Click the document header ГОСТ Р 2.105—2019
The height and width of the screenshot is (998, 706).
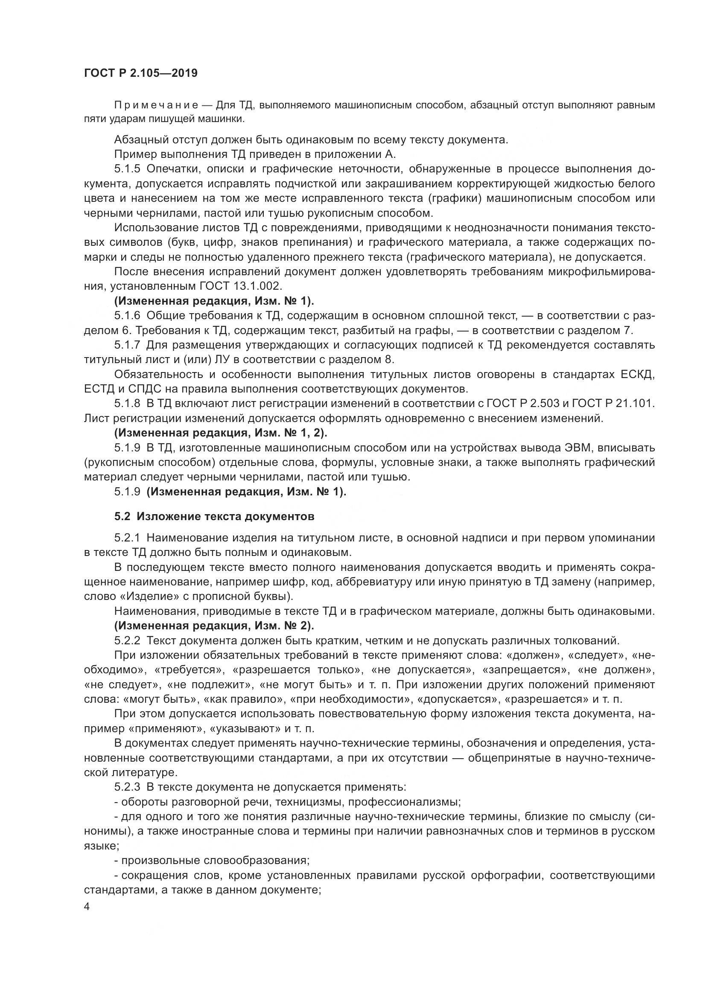[x=141, y=73]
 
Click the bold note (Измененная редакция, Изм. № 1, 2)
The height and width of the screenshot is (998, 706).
[x=221, y=433]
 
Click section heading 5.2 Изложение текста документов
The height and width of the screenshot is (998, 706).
[x=214, y=516]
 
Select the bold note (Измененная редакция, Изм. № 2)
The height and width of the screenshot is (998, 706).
[x=214, y=626]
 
